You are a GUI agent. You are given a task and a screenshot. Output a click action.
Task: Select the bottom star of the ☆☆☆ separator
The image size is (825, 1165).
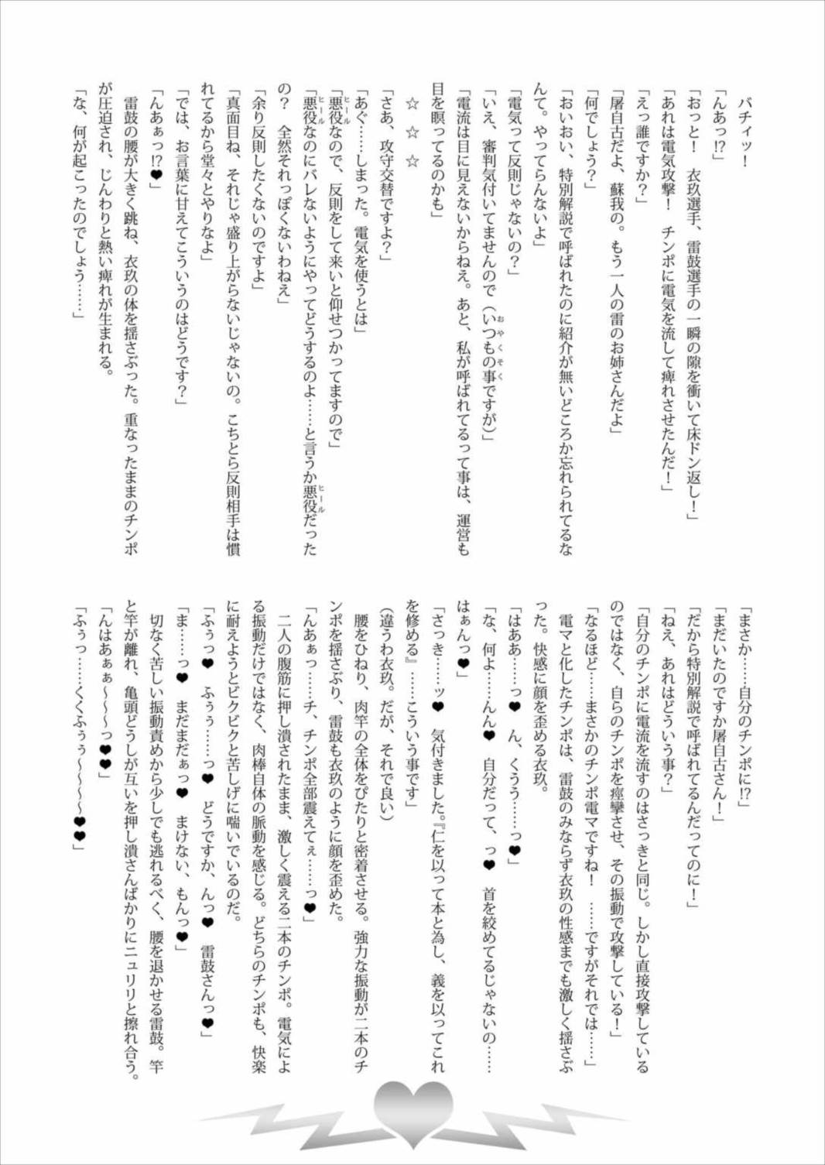tap(412, 161)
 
